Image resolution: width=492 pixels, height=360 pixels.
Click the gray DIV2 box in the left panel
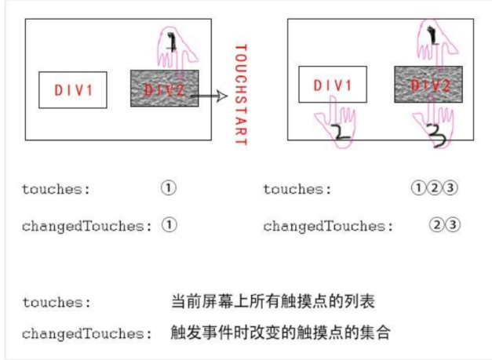[x=165, y=89]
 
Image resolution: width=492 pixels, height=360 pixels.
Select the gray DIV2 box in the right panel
[x=428, y=85]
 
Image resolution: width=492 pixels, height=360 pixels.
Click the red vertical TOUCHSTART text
[x=241, y=95]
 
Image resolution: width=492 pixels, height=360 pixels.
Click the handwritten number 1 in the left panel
[x=172, y=42]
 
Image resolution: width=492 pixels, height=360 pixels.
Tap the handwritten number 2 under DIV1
[x=340, y=132]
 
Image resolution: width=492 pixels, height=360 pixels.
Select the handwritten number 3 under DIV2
[x=437, y=136]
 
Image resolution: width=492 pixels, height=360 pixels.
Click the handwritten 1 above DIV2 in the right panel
[x=433, y=35]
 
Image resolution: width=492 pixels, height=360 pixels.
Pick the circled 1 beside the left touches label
[x=169, y=187]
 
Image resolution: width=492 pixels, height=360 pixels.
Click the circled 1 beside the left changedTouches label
[x=169, y=225]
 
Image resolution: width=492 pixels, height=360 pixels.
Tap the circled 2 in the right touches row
[x=435, y=187]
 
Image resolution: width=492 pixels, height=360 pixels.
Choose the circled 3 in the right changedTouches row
[x=453, y=225]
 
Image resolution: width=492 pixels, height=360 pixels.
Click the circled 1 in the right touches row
[x=418, y=187]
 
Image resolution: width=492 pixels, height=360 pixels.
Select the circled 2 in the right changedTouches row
[x=437, y=225]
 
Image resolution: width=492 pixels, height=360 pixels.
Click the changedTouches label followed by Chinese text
[x=87, y=333]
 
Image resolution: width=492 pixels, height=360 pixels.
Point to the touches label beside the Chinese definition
[x=56, y=302]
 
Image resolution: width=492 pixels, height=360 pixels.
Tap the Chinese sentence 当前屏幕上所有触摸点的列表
[x=272, y=301]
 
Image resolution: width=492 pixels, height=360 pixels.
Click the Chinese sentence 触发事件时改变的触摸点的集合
[x=280, y=333]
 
